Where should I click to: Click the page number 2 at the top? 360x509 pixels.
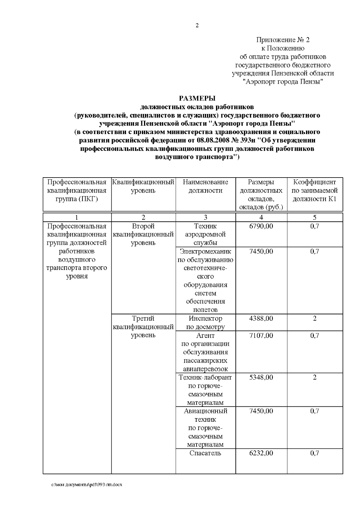click(197, 26)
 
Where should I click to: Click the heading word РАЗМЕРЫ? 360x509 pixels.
click(197, 98)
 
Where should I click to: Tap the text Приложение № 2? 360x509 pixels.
click(283, 40)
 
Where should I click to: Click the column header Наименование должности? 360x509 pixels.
click(205, 186)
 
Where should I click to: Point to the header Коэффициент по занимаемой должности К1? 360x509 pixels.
click(314, 190)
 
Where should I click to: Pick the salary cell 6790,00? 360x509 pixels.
click(261, 226)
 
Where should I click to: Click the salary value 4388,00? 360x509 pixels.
click(261, 319)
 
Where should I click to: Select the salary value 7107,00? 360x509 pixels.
click(261, 336)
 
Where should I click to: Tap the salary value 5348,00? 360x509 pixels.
click(261, 377)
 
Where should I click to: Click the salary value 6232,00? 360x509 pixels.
click(261, 453)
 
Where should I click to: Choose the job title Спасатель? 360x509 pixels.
click(205, 453)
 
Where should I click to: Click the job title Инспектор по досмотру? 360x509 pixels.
click(205, 323)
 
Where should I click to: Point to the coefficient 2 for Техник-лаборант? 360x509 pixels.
click(314, 377)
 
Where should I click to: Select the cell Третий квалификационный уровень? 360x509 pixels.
click(143, 327)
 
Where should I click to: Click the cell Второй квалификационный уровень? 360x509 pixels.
click(143, 235)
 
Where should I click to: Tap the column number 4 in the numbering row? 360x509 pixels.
click(261, 218)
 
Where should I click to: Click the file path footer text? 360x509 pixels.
click(87, 485)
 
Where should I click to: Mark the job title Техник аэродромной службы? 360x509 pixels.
click(205, 235)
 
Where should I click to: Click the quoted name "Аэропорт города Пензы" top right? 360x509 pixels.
click(283, 82)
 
